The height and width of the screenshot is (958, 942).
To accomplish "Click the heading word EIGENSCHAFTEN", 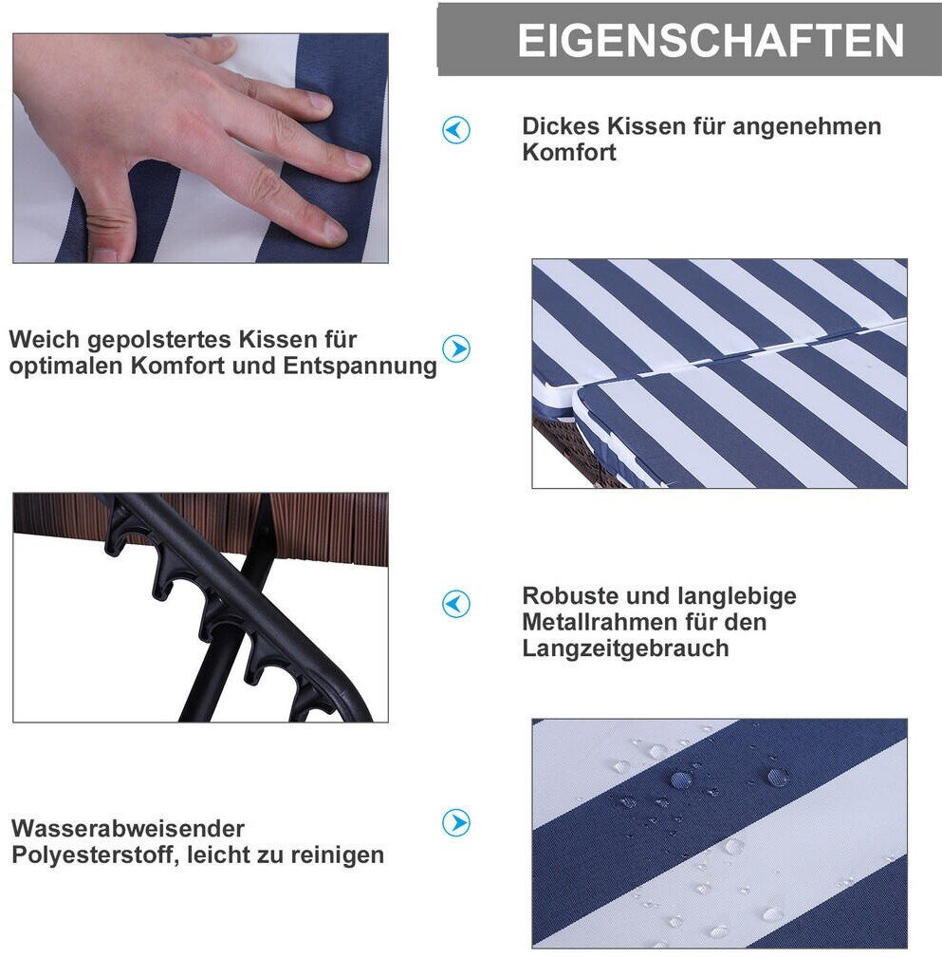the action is point(711,40).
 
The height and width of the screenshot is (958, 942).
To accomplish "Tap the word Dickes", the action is point(561,126).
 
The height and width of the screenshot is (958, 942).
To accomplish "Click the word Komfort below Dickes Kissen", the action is point(569,152).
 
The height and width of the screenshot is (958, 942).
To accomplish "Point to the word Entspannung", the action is point(360,366).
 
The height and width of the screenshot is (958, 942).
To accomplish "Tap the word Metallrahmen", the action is point(600,622).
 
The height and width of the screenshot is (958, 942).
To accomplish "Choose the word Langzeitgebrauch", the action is point(626,648).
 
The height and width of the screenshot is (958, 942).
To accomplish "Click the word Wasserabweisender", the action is point(128,829).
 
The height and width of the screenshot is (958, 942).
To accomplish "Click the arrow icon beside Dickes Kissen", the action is point(456,130).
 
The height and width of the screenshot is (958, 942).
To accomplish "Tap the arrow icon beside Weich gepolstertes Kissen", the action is point(456,348).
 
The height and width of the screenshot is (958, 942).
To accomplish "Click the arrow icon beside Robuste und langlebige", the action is point(456,604).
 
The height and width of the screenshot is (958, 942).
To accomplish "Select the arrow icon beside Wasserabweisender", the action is point(456,823).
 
